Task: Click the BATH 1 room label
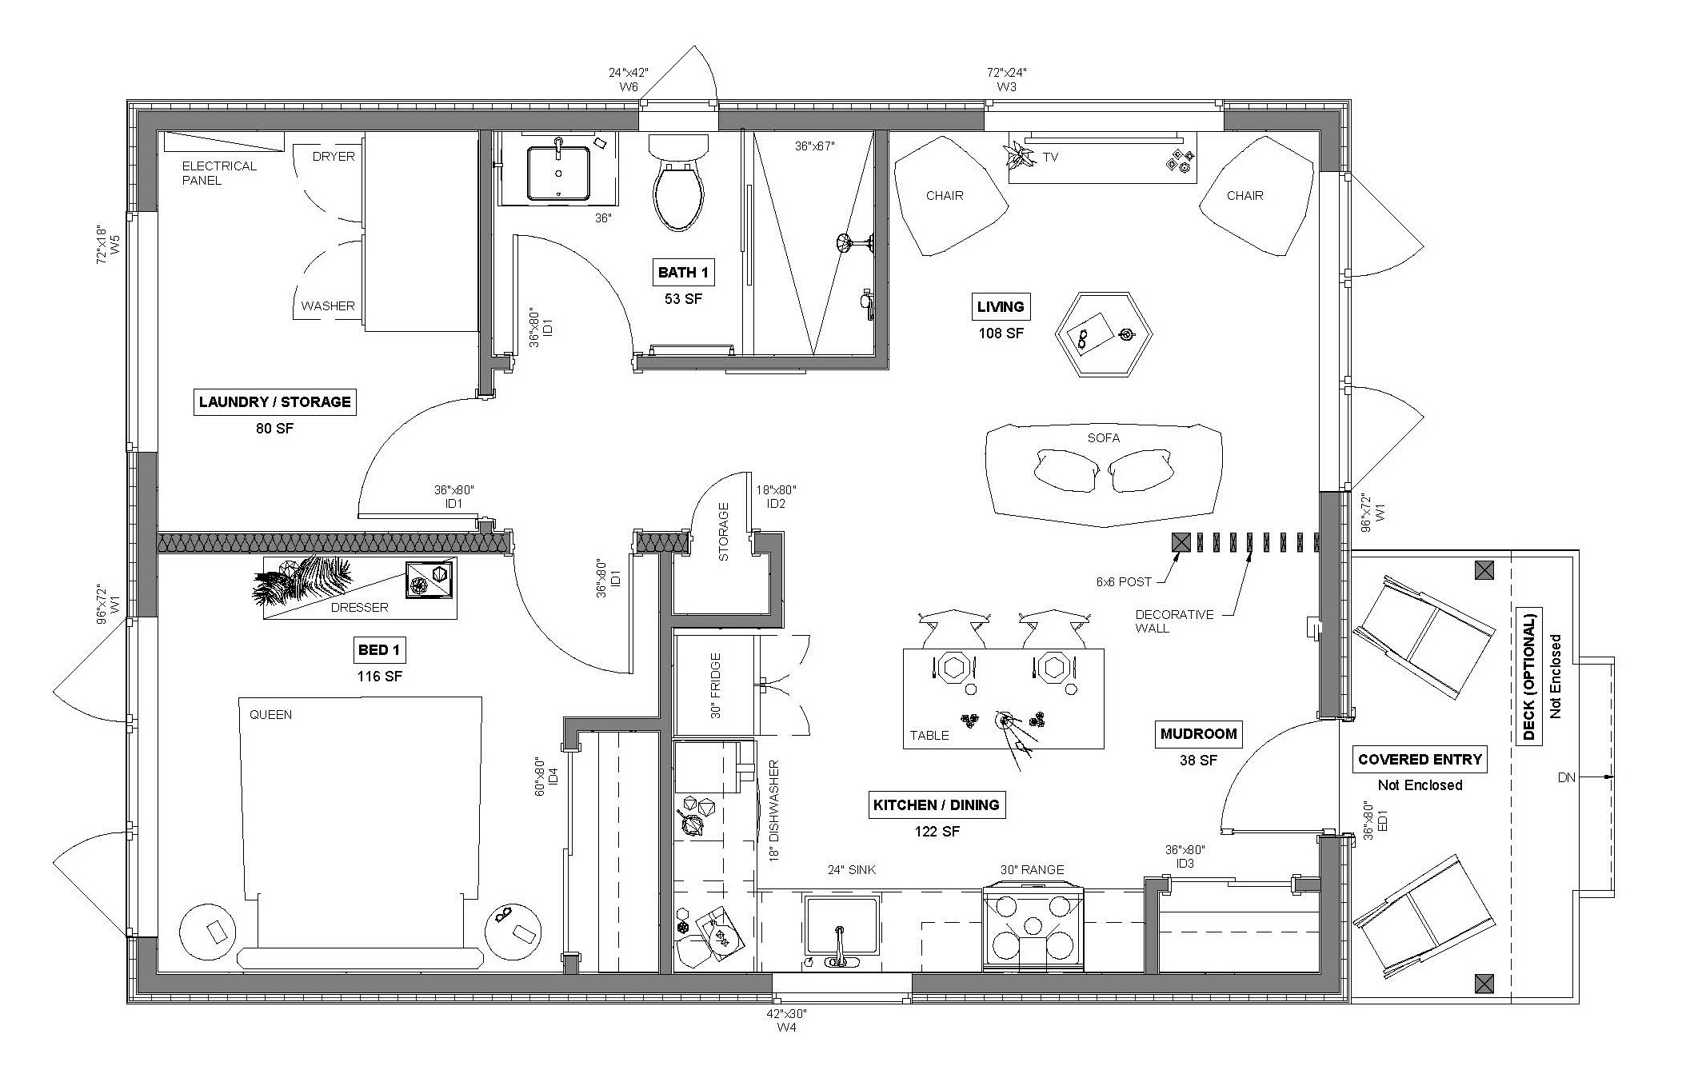682,273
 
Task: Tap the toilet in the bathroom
679,183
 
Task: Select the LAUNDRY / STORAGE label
274,401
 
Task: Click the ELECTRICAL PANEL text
219,173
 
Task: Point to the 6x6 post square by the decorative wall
1181,542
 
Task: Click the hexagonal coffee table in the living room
1105,334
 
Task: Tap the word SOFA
1103,438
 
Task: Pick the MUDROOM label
1198,733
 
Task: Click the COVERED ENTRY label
1420,759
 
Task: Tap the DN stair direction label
1566,777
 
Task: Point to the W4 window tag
787,1028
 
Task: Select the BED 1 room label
379,650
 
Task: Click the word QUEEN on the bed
270,714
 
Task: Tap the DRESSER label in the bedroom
359,608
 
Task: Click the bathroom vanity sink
558,171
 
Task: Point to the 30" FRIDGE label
715,685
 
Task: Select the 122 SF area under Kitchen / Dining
937,832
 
